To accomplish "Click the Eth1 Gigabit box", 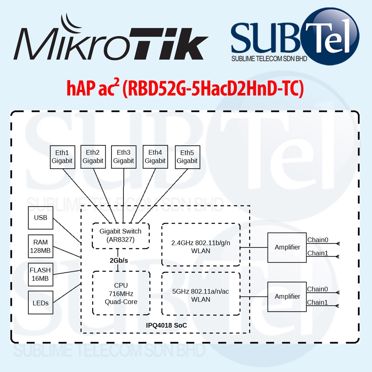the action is tap(62, 157).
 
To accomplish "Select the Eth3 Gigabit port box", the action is tap(124, 157).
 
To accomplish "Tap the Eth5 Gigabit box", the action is tap(187, 157).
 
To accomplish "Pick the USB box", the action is tap(40, 218).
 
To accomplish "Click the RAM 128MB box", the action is tap(40, 246).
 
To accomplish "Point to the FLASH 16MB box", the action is tap(40, 274).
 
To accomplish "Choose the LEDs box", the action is tap(40, 302).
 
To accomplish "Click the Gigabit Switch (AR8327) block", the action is tap(121, 235).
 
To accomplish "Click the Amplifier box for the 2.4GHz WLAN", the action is tap(287, 247).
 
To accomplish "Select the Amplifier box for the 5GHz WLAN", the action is tap(287, 296).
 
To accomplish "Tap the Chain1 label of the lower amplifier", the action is tap(318, 302).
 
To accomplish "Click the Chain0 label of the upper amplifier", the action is tap(318, 240).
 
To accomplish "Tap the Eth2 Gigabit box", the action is tap(93, 157).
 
